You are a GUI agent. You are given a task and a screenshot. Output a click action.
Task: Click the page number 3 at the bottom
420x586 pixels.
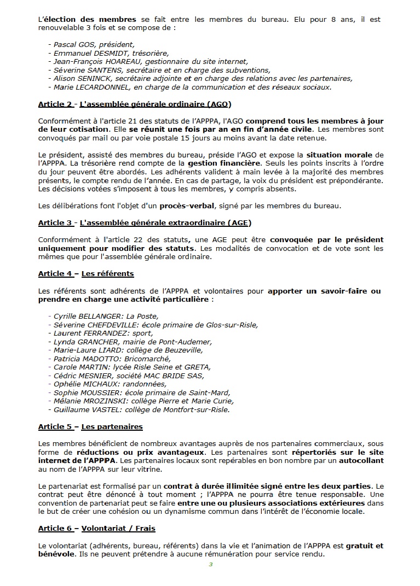210,564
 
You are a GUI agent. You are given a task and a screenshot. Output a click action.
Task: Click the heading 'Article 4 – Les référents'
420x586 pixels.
86,273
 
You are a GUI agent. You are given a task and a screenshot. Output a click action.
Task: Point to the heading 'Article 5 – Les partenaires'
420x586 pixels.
90,426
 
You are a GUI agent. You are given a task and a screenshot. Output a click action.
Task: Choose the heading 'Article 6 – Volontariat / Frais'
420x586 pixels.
100,529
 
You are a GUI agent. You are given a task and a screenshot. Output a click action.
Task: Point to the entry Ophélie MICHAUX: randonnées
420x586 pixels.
108,384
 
